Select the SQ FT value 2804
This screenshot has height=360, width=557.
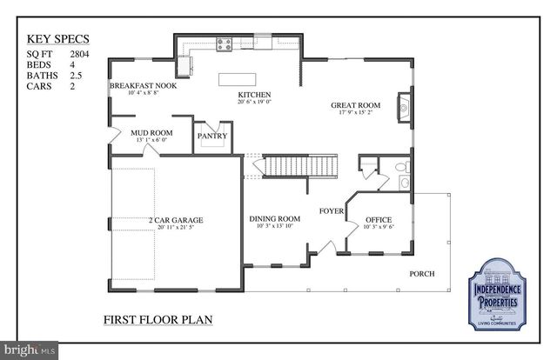81,54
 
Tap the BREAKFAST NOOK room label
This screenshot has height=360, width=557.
143,86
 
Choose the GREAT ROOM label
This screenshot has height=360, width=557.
351,106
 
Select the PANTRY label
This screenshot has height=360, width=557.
212,136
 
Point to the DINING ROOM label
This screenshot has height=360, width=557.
274,218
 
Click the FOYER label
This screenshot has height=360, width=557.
331,210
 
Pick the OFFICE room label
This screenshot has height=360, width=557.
379,219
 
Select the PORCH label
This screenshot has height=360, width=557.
422,274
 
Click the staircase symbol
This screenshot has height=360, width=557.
299,164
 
